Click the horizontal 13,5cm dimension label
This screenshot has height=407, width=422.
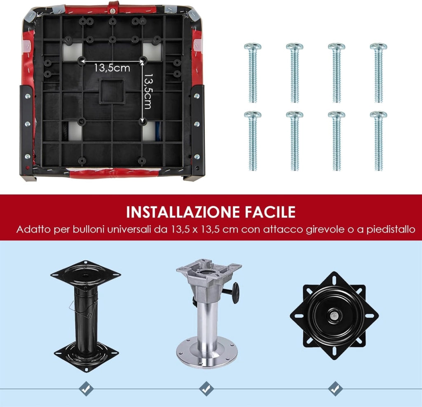tap(112, 68)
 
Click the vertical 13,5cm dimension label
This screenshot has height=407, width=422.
tap(148, 91)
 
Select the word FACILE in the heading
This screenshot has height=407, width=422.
tap(270, 212)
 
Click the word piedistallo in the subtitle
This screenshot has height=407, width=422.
tap(391, 230)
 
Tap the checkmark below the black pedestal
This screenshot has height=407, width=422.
tap(86, 389)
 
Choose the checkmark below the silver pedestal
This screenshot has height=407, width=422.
tap(206, 389)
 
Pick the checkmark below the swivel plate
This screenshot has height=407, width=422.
tap(335, 389)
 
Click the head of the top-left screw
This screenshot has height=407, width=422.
tap(253, 47)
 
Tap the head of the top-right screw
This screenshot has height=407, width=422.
tap(378, 47)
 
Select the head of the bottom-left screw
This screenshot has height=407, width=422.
tap(253, 115)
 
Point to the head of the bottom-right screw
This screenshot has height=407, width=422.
tap(378, 115)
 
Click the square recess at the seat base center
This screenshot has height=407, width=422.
tap(112, 92)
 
